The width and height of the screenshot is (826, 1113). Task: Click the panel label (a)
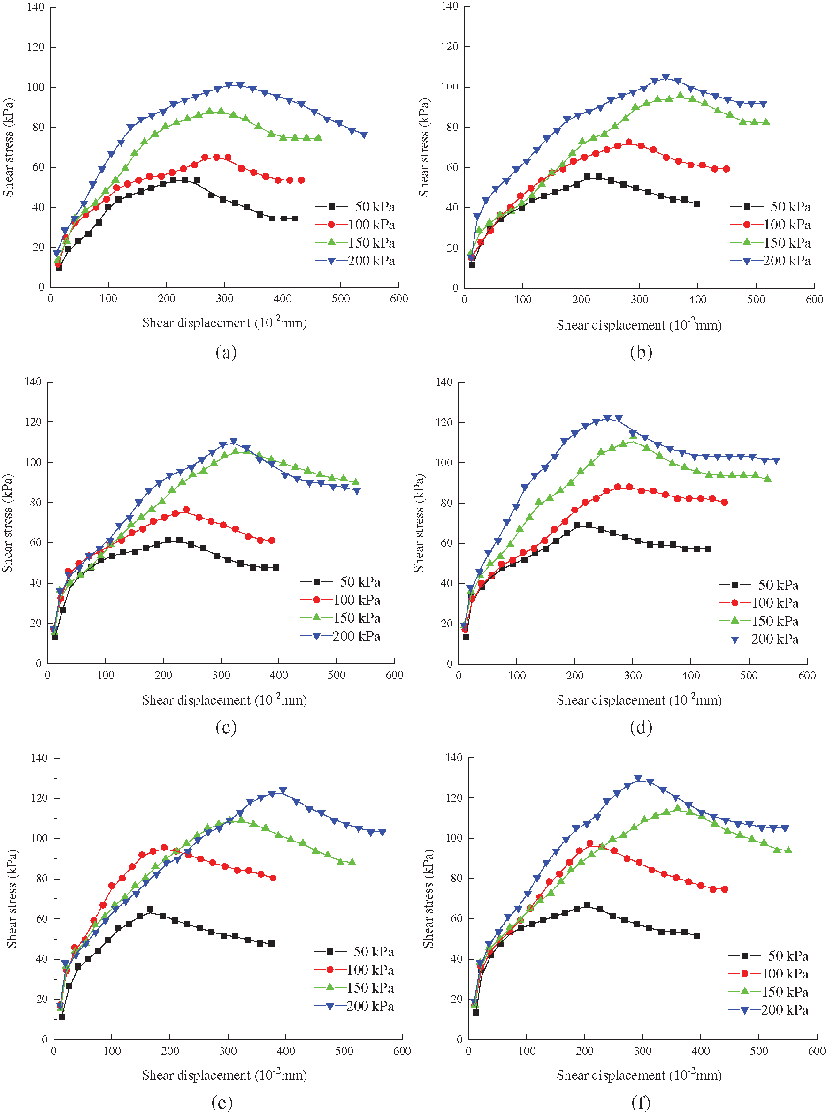(x=226, y=353)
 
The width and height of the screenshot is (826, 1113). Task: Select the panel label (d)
(x=641, y=727)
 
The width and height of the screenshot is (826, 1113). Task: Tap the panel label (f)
(x=641, y=1102)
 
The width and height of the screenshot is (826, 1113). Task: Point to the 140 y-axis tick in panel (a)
(x=36, y=7)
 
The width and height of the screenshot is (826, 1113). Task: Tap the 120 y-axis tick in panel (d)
(x=444, y=422)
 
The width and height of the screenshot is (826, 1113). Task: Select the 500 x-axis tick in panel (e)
(x=344, y=1051)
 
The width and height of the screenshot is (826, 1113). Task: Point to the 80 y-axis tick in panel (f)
(x=457, y=878)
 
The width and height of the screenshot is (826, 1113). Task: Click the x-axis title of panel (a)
(x=224, y=323)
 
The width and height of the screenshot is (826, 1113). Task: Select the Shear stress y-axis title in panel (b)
(x=424, y=147)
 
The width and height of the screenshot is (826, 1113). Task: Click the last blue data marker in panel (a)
(x=364, y=135)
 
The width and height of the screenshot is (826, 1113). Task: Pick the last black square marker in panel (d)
(x=708, y=549)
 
